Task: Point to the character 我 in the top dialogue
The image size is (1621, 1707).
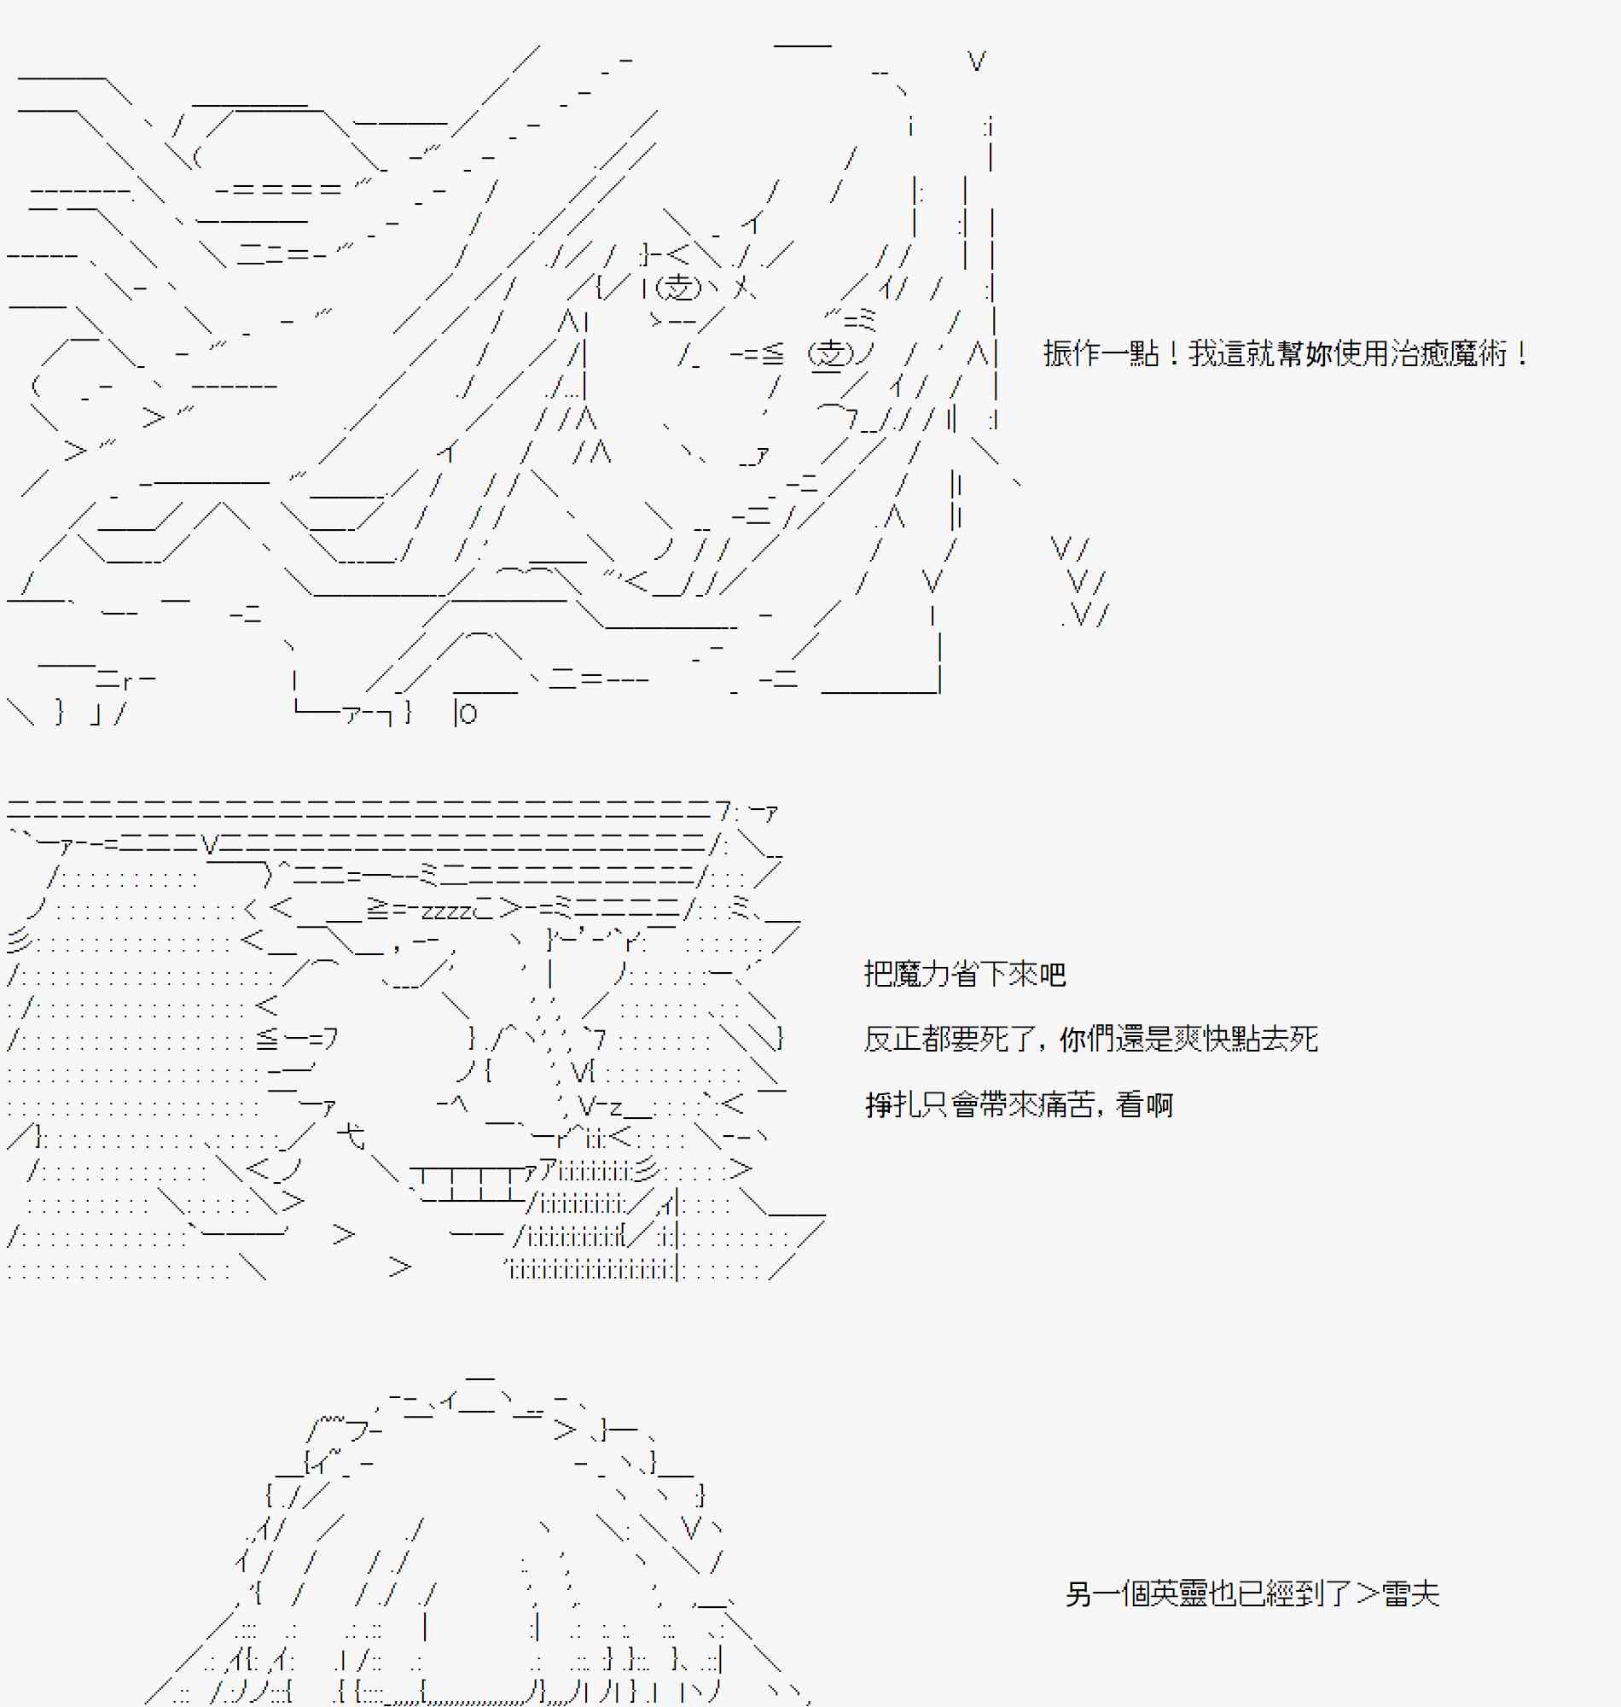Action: click(x=1203, y=353)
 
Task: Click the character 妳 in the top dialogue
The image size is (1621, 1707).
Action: click(x=1319, y=353)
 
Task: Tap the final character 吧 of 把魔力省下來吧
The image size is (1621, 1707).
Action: click(x=1053, y=975)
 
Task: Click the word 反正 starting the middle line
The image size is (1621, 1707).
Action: click(x=892, y=1039)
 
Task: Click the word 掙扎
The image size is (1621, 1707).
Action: click(x=892, y=1104)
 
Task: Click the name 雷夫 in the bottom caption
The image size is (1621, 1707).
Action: click(x=1410, y=1593)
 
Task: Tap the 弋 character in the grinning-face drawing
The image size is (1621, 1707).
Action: click(x=351, y=1135)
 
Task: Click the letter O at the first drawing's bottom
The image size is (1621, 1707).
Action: click(x=468, y=714)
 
